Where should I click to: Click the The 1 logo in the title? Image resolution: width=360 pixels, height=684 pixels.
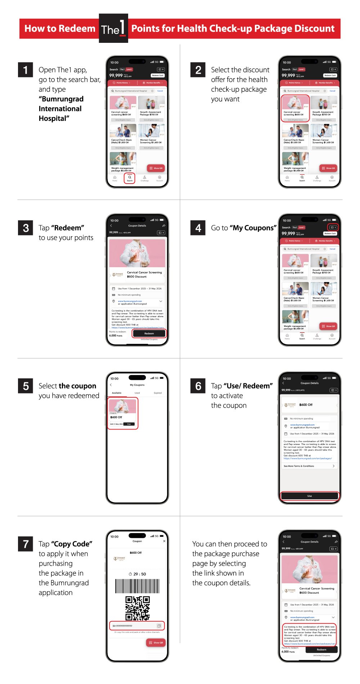[113, 28]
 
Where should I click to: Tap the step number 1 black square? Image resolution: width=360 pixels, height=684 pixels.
[26, 70]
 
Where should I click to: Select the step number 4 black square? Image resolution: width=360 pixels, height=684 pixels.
[198, 228]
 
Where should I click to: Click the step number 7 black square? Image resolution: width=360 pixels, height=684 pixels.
[26, 544]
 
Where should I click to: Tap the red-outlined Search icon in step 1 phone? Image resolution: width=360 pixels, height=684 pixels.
[130, 178]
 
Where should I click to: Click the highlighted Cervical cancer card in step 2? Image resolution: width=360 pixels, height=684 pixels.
[295, 109]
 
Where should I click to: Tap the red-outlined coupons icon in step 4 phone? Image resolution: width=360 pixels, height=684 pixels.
[333, 228]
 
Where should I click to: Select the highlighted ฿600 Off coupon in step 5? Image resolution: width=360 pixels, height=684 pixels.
[123, 413]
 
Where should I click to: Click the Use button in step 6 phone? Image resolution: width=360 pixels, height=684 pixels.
[310, 496]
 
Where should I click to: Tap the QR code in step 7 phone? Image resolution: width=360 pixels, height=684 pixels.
[138, 608]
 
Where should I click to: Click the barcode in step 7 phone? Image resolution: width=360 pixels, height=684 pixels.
[137, 586]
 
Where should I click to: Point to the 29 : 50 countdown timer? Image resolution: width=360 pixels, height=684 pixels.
[138, 574]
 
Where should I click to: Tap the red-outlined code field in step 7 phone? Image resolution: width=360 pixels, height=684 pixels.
[137, 626]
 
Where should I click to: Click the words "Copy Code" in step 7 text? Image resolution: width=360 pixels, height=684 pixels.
[72, 544]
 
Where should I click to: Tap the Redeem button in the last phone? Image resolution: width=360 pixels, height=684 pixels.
[321, 650]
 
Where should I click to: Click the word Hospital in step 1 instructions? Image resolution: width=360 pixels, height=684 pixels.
[54, 118]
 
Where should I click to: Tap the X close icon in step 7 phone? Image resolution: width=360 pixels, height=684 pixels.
[164, 541]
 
